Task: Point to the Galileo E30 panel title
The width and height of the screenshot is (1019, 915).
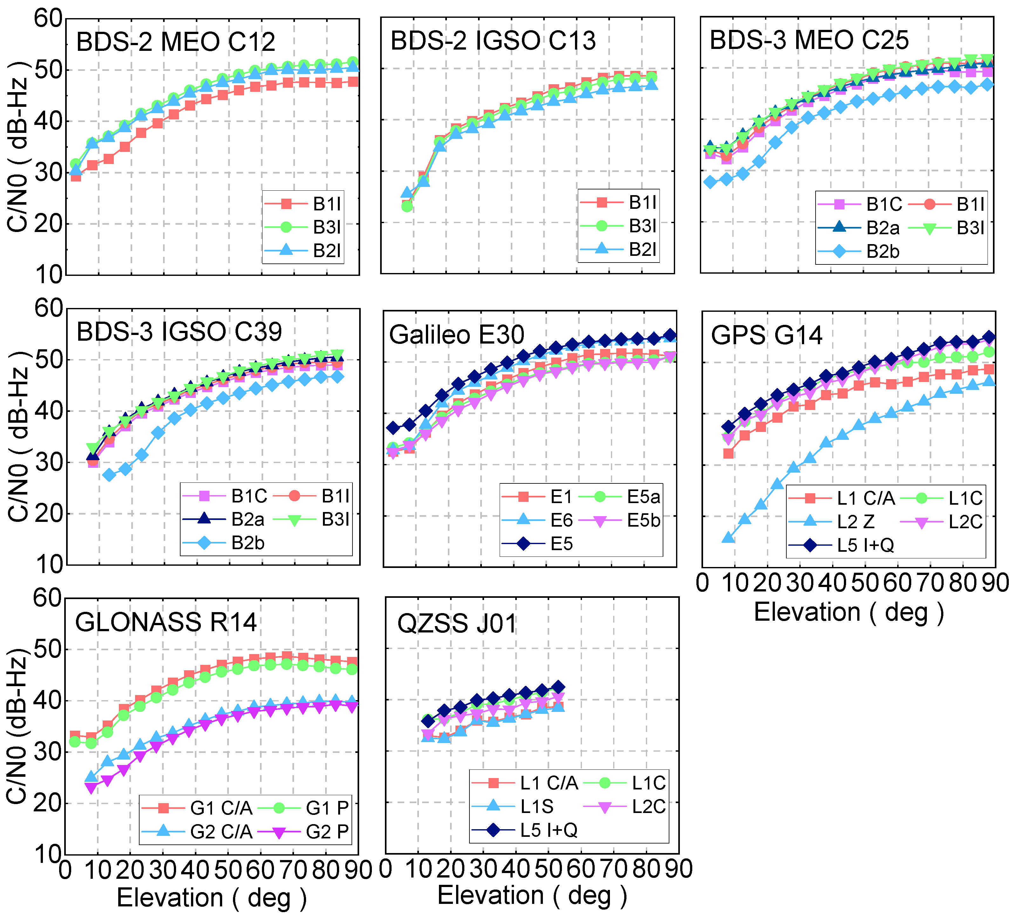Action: tap(456, 335)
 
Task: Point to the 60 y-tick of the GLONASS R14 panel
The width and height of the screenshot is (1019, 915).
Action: tap(47, 598)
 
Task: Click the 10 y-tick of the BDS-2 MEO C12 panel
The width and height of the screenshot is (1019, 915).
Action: tap(48, 275)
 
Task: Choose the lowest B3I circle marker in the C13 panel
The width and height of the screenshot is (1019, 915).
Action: tap(407, 206)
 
